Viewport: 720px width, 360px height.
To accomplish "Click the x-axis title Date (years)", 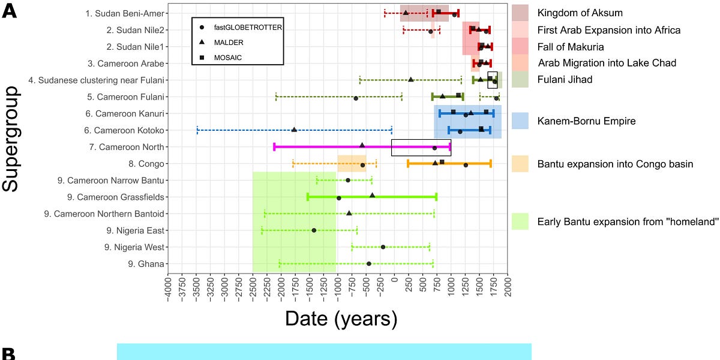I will click(341, 317).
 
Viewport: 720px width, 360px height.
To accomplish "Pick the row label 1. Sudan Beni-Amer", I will click(125, 13).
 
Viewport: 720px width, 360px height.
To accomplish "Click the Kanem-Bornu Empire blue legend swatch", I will click(520, 121).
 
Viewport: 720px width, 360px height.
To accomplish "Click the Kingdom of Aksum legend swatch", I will click(520, 13).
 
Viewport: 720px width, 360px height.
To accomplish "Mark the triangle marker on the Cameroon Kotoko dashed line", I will click(294, 130).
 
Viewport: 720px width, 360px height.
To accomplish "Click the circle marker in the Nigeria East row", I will click(314, 230).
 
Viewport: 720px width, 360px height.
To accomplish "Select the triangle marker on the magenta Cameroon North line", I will click(362, 145).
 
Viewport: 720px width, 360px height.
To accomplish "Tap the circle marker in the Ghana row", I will click(368, 263).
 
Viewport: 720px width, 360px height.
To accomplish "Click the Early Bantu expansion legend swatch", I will click(520, 221).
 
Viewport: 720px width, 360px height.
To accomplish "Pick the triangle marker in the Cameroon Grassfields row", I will click(372, 195).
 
